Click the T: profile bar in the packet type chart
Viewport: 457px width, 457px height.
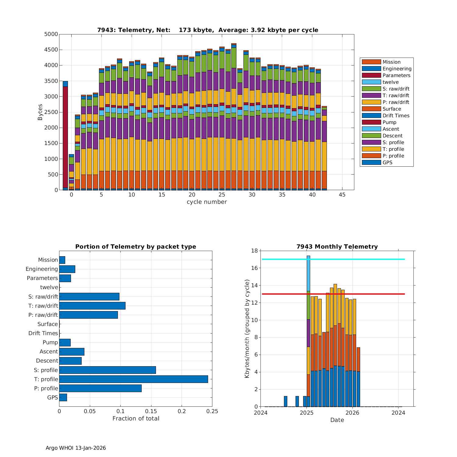click(133, 379)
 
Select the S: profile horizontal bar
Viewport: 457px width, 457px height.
click(108, 370)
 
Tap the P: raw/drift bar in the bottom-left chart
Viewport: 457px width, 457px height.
click(88, 315)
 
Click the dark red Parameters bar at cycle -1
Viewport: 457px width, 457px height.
click(65, 137)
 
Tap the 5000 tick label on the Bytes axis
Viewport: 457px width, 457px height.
click(51, 34)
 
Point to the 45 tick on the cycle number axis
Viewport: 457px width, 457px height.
click(342, 195)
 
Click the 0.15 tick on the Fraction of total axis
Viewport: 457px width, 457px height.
click(151, 411)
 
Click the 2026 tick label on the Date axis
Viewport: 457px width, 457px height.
click(352, 413)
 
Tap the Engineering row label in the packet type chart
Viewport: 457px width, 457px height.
click(42, 269)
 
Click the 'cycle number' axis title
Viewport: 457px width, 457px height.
click(207, 202)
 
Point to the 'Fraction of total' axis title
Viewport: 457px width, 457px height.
click(136, 419)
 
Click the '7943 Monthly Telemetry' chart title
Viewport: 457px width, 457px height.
click(337, 247)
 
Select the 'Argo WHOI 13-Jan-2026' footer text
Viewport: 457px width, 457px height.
click(76, 448)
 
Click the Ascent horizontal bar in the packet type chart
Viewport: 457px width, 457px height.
click(72, 352)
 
